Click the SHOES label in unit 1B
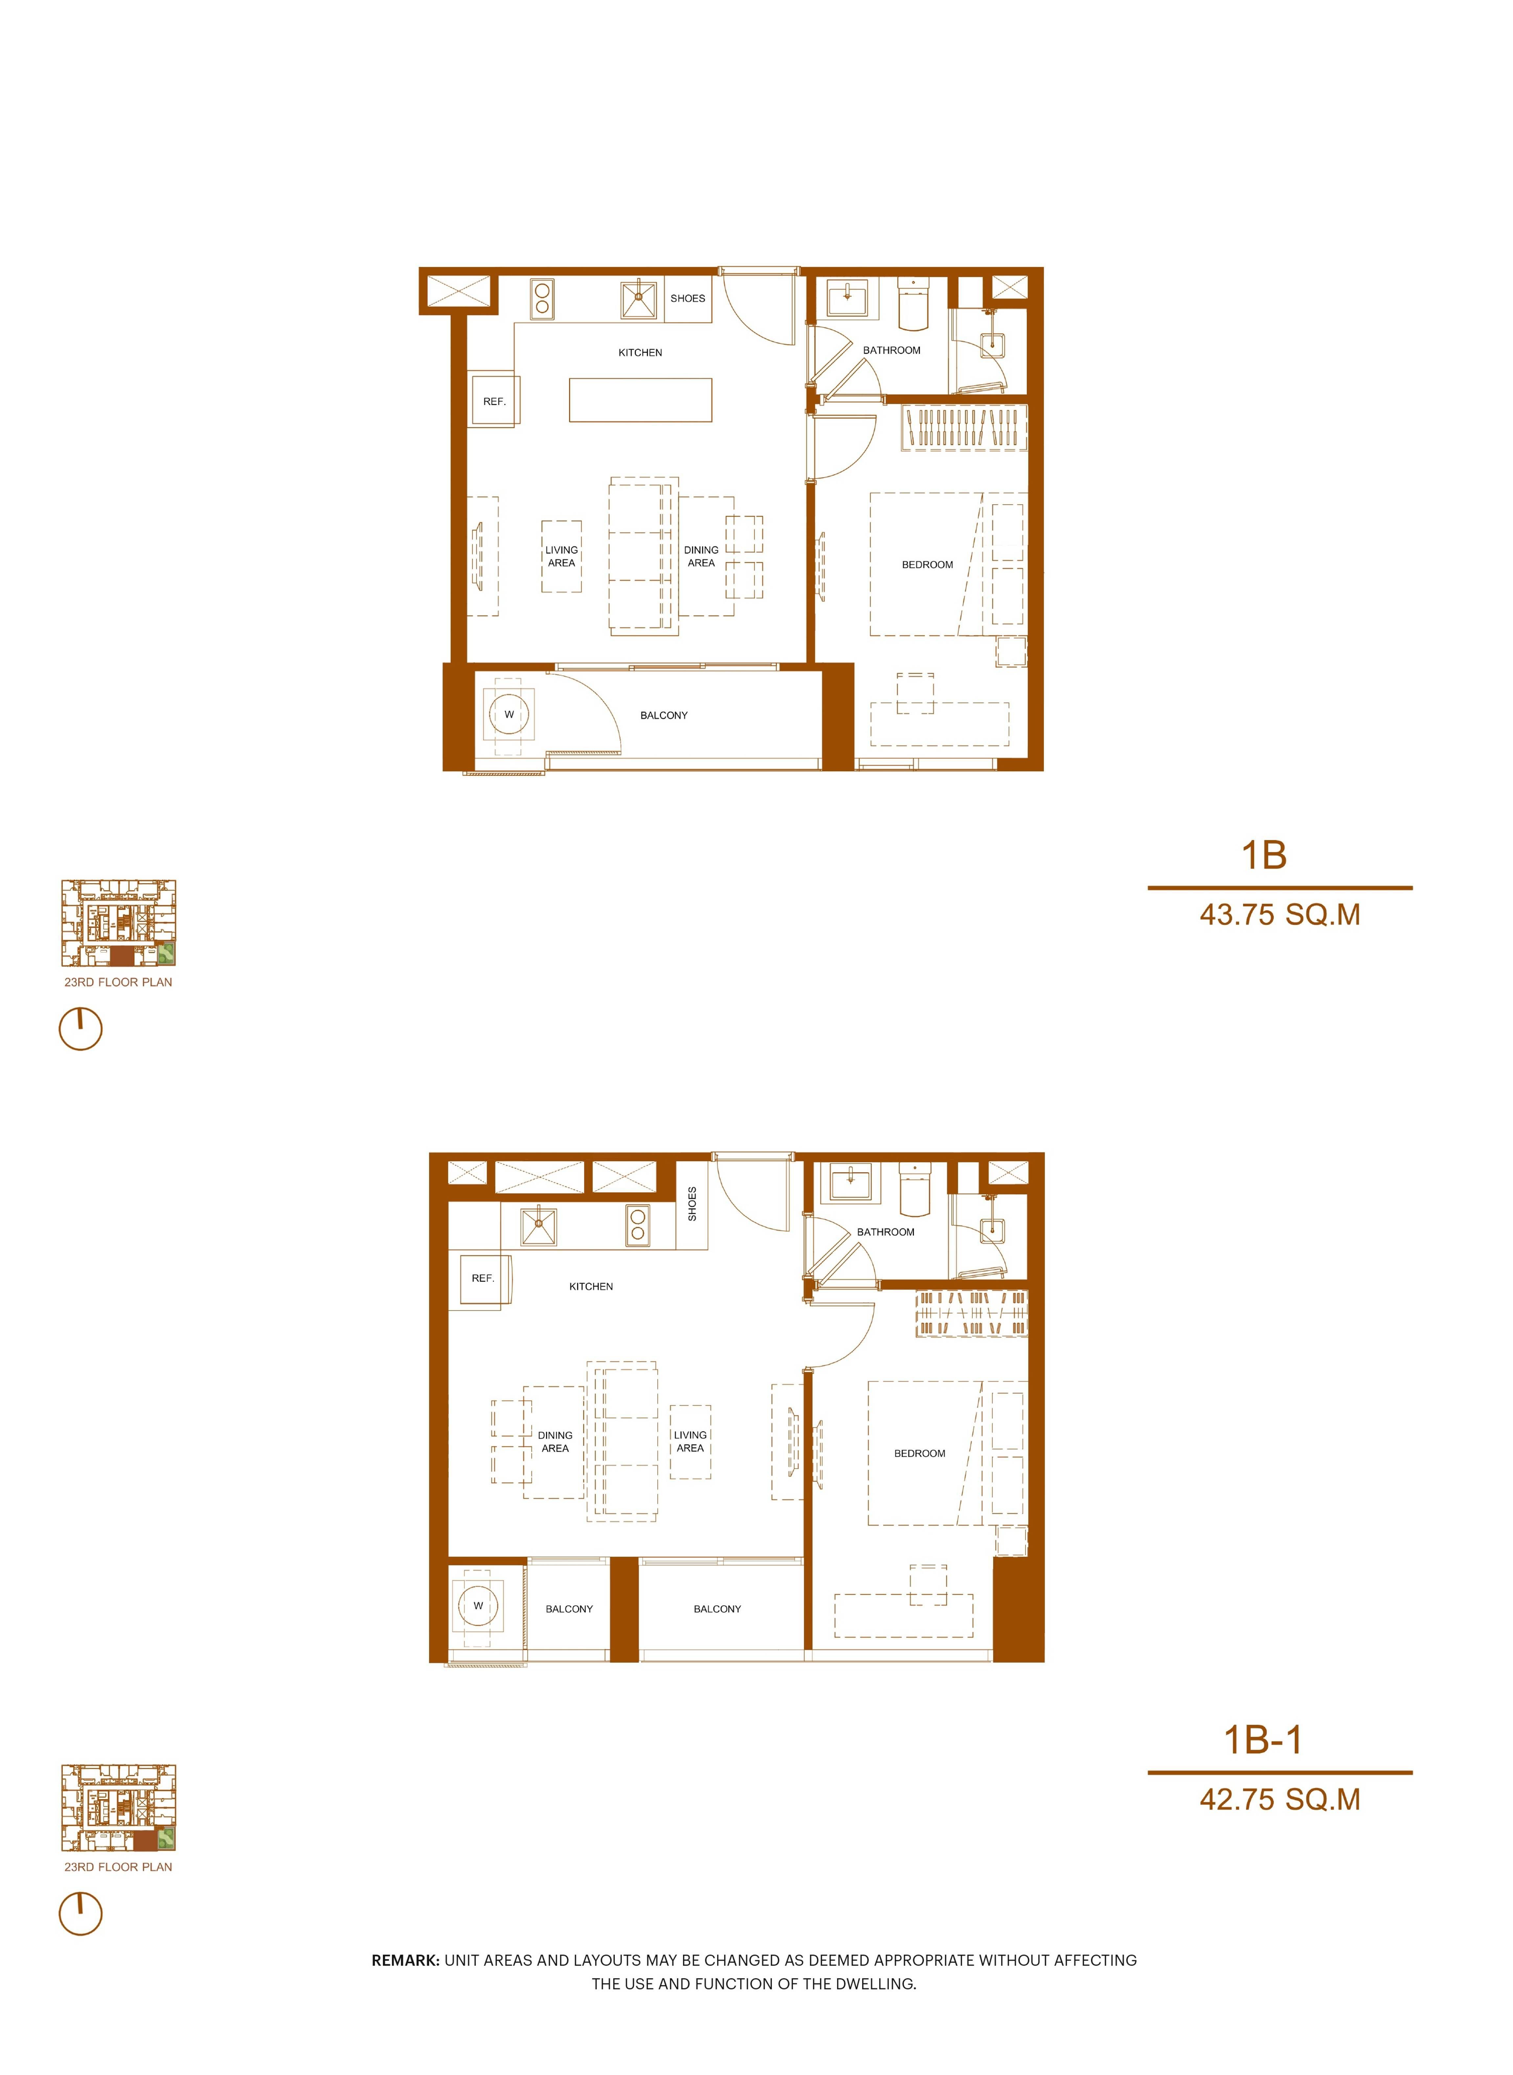coord(688,299)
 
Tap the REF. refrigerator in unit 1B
coord(495,401)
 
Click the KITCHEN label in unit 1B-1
coord(591,1287)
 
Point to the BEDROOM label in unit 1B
coord(927,565)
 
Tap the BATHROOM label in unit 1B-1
coord(886,1231)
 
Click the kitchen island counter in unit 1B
coord(640,400)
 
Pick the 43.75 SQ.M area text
coord(1279,914)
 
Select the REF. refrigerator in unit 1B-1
coord(483,1278)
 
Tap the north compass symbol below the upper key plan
coord(80,1029)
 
